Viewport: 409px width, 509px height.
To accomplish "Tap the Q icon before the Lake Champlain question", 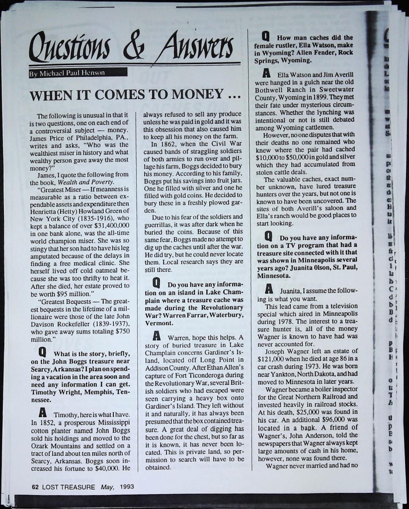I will point(155,284).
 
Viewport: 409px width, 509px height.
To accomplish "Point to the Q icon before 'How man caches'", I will point(265,36).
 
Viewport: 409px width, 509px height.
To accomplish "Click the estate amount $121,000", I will point(271,359).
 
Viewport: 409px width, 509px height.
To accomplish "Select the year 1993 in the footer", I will point(127,487).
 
